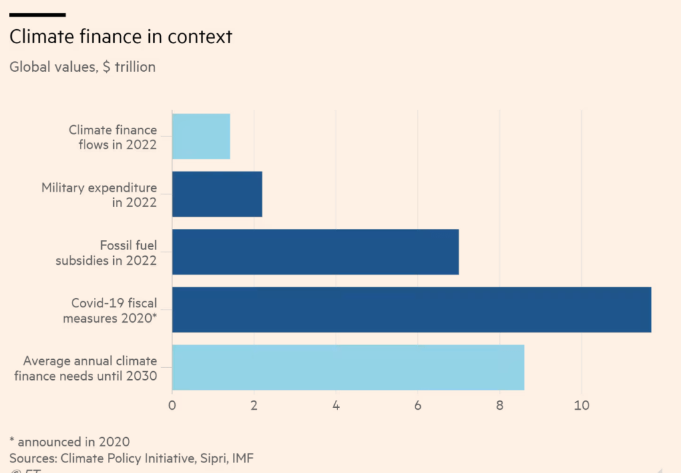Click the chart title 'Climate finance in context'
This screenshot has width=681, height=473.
coord(120,37)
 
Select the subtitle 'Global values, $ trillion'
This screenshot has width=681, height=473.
coord(82,67)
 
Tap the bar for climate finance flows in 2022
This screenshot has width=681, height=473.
coord(201,136)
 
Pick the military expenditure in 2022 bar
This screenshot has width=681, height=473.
coord(217,194)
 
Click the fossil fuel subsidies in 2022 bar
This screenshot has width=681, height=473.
coord(316,251)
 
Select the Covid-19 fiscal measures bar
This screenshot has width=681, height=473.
coord(411,309)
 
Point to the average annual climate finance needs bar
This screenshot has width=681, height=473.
coord(348,367)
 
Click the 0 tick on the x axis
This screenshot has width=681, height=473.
coord(172,404)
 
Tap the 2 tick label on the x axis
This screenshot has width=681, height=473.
coord(254,404)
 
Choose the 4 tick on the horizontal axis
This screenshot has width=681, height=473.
coord(336,404)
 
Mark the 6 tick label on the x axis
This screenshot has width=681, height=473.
coord(418,404)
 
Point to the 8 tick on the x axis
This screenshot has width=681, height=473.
coord(500,404)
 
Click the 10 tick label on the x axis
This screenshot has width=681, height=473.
coord(581,404)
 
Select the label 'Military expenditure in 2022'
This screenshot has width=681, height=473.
coord(99,195)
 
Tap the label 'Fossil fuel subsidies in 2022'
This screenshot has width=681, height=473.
coord(106,253)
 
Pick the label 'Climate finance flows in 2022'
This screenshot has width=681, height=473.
coord(113,137)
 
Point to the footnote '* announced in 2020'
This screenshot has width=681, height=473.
coord(69,441)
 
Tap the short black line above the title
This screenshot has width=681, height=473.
coord(37,14)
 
